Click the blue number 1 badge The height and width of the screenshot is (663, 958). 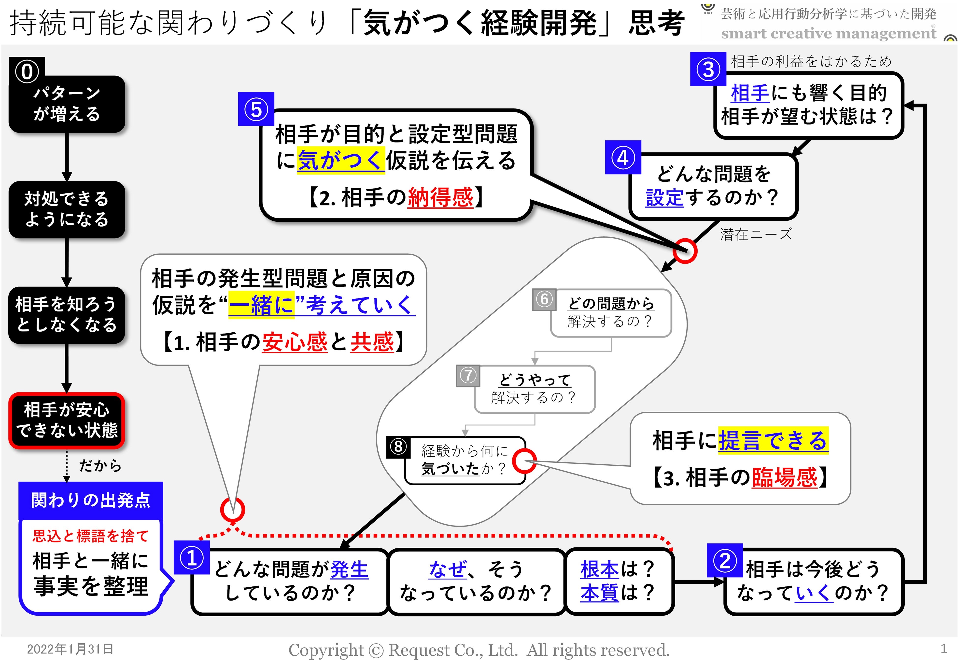pyautogui.click(x=192, y=557)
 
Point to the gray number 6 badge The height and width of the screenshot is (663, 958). pyautogui.click(x=544, y=299)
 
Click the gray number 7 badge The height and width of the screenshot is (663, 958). pyautogui.click(x=468, y=376)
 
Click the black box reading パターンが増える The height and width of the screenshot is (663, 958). pyautogui.click(x=67, y=104)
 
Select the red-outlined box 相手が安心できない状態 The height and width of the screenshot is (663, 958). pyautogui.click(x=67, y=420)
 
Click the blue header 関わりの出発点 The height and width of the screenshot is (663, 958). pyautogui.click(x=91, y=500)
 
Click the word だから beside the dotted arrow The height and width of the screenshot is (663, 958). pyautogui.click(x=100, y=466)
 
